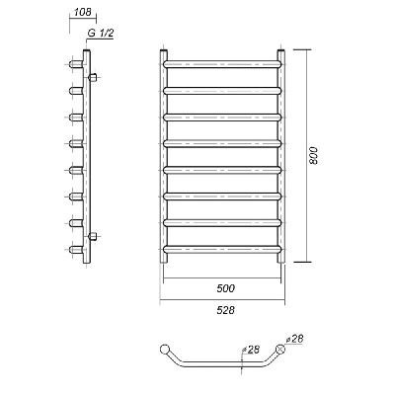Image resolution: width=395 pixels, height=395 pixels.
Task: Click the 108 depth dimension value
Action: tap(83, 12)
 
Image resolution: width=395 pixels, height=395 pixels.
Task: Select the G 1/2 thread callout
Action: tap(101, 33)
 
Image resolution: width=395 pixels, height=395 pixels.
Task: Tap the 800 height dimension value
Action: tap(314, 155)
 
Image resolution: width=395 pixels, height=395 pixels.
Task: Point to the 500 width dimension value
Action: tap(226, 288)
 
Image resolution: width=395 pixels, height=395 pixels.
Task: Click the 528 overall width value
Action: tap(226, 310)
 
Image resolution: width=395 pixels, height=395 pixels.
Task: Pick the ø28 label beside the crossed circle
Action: tap(294, 339)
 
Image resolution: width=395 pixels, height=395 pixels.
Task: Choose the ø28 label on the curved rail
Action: tap(251, 350)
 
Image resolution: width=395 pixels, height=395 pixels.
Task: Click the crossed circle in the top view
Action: tap(280, 349)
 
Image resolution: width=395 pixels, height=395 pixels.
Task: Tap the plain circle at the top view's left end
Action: tap(164, 349)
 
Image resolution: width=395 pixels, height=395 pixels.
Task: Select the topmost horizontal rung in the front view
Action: tap(222, 64)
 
